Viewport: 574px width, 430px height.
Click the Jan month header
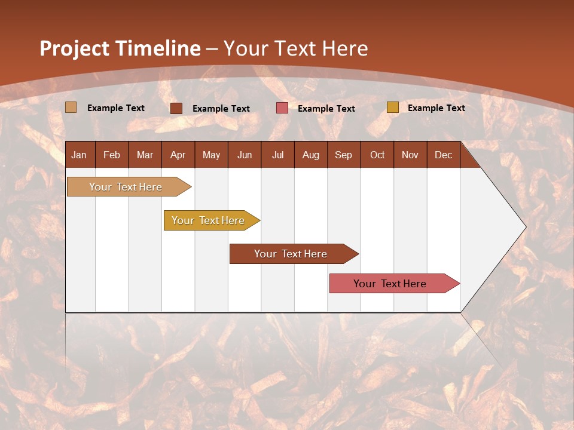(79, 155)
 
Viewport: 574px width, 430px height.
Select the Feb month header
(112, 155)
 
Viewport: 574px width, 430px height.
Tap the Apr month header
(178, 155)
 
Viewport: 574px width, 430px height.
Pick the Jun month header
(245, 155)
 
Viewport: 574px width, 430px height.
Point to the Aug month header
(310, 155)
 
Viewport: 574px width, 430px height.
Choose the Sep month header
(343, 155)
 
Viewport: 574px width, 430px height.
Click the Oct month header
(377, 155)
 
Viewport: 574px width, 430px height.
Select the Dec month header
(443, 155)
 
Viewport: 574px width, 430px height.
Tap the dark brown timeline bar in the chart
(291, 254)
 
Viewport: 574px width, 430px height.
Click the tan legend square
(71, 107)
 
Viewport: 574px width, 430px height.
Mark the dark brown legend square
(176, 108)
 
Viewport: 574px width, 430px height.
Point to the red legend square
(282, 108)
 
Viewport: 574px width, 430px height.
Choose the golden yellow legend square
(392, 107)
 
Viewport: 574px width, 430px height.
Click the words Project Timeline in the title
(120, 48)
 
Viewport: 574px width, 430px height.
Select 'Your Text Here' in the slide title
(296, 48)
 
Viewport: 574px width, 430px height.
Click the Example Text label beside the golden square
(436, 107)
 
